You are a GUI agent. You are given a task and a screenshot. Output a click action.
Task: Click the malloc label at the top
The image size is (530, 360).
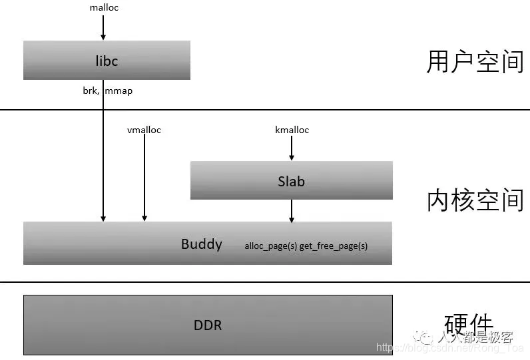click(103, 7)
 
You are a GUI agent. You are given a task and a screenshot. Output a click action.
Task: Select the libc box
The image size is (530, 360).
click(107, 61)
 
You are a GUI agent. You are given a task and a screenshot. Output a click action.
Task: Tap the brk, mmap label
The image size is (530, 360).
click(103, 90)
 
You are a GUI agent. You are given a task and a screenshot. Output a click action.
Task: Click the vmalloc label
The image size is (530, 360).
click(144, 130)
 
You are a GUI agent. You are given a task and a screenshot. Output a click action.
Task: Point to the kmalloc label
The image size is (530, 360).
click(292, 130)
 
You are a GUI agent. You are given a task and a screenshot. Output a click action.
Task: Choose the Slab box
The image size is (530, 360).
click(291, 180)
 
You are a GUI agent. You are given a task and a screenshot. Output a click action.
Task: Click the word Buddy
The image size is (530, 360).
click(201, 244)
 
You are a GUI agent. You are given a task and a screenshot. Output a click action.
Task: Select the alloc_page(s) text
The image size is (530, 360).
click(270, 246)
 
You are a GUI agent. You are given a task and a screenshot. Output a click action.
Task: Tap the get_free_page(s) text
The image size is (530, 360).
click(334, 246)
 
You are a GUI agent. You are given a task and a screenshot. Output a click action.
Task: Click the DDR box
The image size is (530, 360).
click(208, 325)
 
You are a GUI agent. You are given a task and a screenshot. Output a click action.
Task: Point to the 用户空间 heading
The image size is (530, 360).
click(475, 61)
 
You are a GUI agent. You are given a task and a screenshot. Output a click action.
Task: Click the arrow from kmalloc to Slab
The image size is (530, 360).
click(292, 148)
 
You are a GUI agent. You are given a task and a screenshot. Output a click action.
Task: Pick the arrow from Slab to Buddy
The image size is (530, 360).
click(292, 210)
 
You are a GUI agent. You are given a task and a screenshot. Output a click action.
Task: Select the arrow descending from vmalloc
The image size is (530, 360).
click(144, 176)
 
